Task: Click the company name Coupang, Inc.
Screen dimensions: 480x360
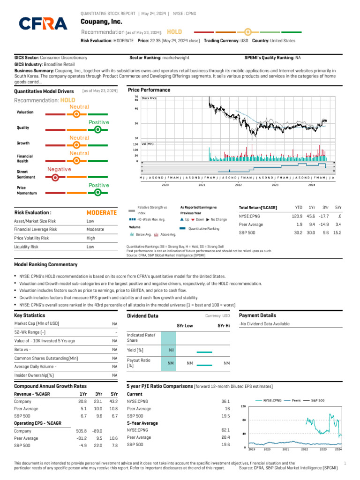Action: [x=101, y=22]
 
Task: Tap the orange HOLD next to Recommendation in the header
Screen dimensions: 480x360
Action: [x=174, y=32]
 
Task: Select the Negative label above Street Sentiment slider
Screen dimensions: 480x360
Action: [x=59, y=169]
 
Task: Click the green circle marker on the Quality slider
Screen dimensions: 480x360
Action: [x=97, y=129]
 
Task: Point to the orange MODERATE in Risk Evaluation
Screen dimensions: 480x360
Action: [x=101, y=213]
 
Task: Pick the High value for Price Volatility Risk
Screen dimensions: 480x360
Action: [x=91, y=238]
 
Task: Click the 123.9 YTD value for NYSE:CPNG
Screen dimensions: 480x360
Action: [x=297, y=216]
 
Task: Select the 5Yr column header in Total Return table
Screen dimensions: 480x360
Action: [x=338, y=207]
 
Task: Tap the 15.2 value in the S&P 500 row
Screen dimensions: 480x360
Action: [x=337, y=232]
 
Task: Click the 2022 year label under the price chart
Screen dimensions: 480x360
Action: [x=238, y=185]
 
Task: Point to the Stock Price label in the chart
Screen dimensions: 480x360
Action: [x=149, y=98]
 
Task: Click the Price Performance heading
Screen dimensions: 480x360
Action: [x=149, y=90]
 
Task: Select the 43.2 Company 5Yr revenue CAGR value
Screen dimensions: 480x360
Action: [x=113, y=402]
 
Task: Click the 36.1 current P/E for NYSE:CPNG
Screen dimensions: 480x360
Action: [x=225, y=402]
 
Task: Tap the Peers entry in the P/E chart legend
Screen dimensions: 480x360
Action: [x=296, y=401]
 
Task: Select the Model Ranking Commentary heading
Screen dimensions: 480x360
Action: [x=46, y=265]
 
